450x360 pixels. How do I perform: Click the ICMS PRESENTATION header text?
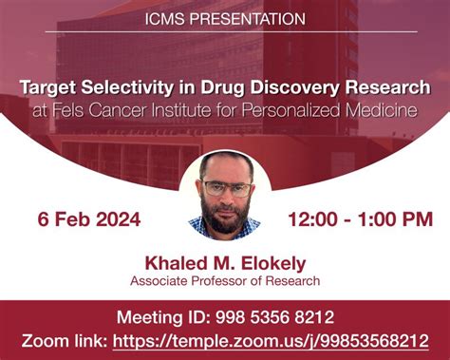[225, 18]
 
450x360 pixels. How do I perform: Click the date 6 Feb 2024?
[89, 219]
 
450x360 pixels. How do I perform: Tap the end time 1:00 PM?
[391, 219]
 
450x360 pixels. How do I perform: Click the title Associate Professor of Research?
[225, 280]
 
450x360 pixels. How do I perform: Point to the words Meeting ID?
[159, 317]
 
